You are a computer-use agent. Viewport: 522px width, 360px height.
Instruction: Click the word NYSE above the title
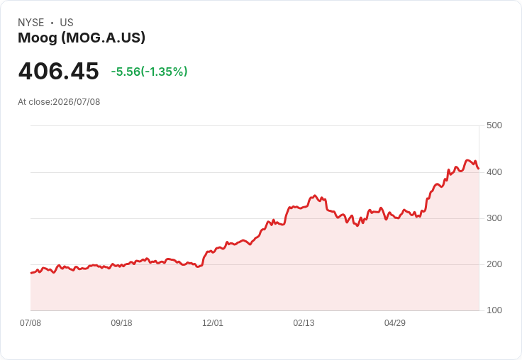pyautogui.click(x=31, y=23)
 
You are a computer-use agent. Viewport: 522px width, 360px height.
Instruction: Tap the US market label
pyautogui.click(x=67, y=23)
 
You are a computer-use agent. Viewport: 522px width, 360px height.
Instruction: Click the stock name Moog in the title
pyautogui.click(x=38, y=38)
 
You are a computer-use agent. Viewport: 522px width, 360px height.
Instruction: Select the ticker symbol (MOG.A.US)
pyautogui.click(x=104, y=38)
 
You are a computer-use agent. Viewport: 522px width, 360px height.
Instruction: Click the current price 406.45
pyautogui.click(x=59, y=71)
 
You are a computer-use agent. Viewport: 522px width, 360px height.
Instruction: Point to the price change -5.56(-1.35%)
pyautogui.click(x=149, y=72)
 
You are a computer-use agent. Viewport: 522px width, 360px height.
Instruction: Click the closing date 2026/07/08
pyautogui.click(x=76, y=102)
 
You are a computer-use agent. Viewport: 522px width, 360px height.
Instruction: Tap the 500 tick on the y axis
pyautogui.click(x=494, y=125)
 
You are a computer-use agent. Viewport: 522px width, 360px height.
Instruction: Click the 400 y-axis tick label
pyautogui.click(x=494, y=172)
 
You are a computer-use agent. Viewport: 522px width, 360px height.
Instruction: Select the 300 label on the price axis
pyautogui.click(x=494, y=218)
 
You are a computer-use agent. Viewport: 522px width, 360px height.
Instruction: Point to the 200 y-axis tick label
pyautogui.click(x=494, y=264)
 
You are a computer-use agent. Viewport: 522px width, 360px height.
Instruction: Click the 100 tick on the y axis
pyautogui.click(x=494, y=310)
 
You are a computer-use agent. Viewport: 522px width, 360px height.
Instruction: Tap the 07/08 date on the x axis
pyautogui.click(x=30, y=323)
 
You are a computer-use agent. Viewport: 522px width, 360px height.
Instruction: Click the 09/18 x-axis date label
pyautogui.click(x=121, y=323)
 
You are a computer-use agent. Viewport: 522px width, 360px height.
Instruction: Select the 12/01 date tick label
pyautogui.click(x=213, y=323)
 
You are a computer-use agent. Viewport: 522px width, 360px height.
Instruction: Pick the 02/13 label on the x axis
pyautogui.click(x=304, y=323)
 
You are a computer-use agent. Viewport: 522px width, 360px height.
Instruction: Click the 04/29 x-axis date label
pyautogui.click(x=395, y=323)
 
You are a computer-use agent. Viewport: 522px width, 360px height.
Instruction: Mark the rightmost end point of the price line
pyautogui.click(x=479, y=169)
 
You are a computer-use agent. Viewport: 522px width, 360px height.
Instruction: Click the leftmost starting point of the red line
pyautogui.click(x=31, y=273)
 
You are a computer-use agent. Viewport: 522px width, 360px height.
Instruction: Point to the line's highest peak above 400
pyautogui.click(x=467, y=160)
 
